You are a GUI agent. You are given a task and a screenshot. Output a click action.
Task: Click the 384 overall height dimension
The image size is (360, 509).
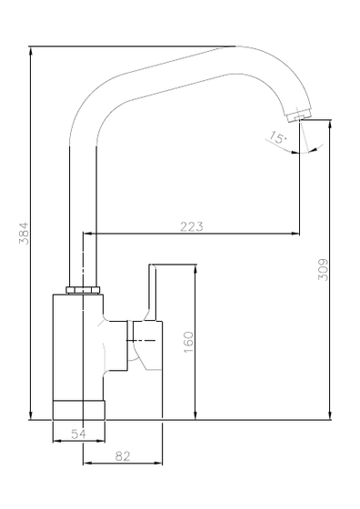click(24, 233)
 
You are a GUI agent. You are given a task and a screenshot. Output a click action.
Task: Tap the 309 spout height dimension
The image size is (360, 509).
click(323, 269)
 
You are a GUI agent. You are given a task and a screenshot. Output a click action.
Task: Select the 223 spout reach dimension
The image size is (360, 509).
click(192, 226)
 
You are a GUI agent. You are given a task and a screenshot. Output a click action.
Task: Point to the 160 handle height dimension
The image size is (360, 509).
click(188, 342)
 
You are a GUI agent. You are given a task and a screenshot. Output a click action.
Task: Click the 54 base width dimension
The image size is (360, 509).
click(78, 434)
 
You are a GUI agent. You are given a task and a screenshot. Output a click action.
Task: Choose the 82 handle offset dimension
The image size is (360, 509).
click(123, 456)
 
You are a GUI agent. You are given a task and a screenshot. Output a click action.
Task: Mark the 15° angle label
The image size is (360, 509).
click(277, 137)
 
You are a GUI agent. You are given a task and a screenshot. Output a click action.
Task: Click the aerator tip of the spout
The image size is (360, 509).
click(299, 116)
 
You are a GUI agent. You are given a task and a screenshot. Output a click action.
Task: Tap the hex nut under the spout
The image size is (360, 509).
click(83, 290)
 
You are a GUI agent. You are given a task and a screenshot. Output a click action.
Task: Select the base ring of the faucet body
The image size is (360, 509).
click(79, 410)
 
